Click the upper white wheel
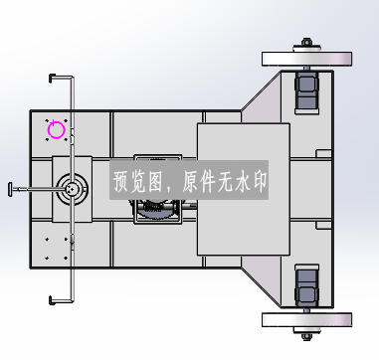pyautogui.click(x=306, y=59)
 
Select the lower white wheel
pyautogui.click(x=306, y=320)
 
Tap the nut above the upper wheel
pyautogui.click(x=306, y=43)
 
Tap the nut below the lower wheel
pyautogui.click(x=306, y=336)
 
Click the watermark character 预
pyautogui.click(x=121, y=181)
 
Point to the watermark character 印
pyautogui.click(x=260, y=181)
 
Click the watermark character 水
pyautogui.click(x=243, y=181)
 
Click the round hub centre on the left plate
pyautogui.click(x=72, y=189)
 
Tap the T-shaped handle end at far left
pyautogui.click(x=10, y=189)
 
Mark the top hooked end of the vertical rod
pyautogui.click(x=53, y=79)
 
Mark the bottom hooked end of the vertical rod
pyautogui.click(x=53, y=300)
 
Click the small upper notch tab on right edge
pyautogui.click(x=323, y=153)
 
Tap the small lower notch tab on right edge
pyautogui.click(x=323, y=226)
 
